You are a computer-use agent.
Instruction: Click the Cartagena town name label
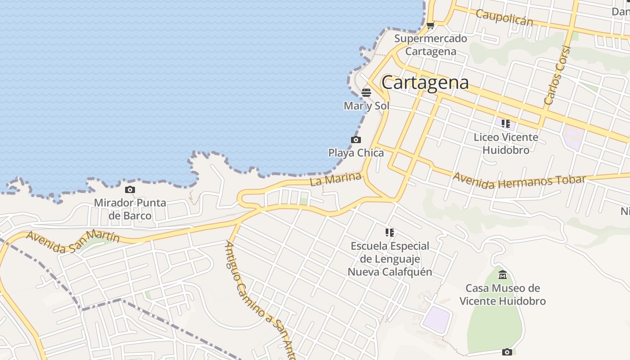425,82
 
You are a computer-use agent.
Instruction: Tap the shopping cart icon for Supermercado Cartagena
430,26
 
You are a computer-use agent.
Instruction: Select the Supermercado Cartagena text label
431,45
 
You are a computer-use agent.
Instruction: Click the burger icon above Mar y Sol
366,93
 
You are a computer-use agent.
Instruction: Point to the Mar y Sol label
366,106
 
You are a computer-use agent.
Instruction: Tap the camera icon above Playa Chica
356,140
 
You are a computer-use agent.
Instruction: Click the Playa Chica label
356,153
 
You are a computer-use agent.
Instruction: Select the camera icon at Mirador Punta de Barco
130,190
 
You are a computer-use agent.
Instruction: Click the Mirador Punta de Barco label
130,209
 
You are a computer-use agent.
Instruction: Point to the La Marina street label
336,180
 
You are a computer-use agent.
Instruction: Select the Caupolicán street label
504,18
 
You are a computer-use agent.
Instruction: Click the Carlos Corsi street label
557,76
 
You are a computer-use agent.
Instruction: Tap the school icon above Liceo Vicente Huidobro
505,124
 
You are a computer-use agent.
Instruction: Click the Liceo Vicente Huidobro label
506,143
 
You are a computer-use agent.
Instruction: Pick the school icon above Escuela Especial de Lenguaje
390,233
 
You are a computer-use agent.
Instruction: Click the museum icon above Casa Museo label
503,274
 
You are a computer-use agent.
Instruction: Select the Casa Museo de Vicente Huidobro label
503,294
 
